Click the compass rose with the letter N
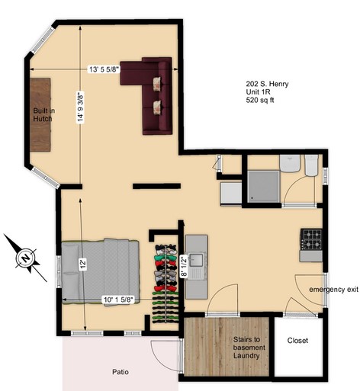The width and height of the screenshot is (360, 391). tap(25, 258)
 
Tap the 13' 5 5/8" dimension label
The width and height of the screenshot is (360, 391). tap(104, 69)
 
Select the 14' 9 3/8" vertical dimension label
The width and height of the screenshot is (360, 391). tap(81, 107)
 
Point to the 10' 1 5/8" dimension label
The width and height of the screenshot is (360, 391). tap(118, 300)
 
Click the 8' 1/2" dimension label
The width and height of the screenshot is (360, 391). tap(185, 266)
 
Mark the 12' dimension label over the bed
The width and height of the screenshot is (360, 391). tap(84, 264)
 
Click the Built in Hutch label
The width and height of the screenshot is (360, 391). tap(44, 115)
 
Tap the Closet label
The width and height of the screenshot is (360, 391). tap(297, 341)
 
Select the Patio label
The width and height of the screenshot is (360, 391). tap(121, 372)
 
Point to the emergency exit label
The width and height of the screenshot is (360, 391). tap(334, 290)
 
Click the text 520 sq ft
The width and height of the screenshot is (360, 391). tap(260, 100)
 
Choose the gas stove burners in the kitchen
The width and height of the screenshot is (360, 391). tap(311, 239)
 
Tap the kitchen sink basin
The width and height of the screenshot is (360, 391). tap(196, 260)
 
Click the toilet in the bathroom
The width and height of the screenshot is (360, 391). tap(312, 165)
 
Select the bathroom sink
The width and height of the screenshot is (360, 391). tap(290, 163)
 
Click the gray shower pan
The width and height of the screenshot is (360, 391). tap(263, 187)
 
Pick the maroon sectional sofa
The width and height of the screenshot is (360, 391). tap(150, 92)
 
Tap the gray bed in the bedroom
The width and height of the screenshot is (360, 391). tap(100, 271)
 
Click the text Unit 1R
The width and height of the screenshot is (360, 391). tap(258, 91)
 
